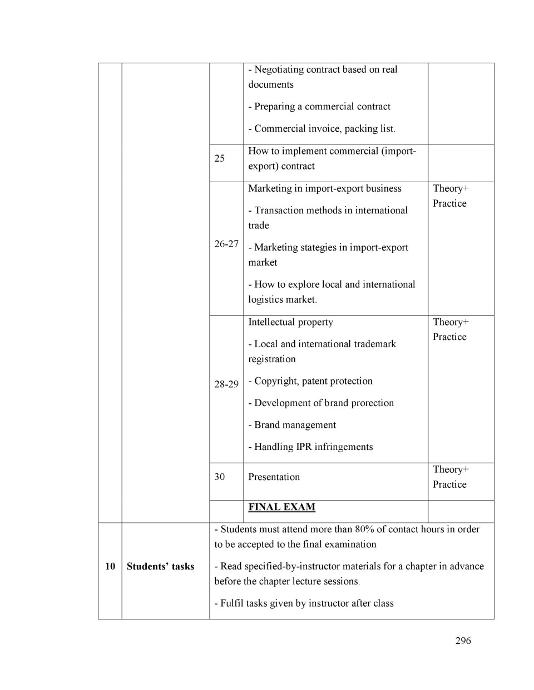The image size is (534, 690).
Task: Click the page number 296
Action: coord(463,641)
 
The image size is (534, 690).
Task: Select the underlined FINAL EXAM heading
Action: coord(281,507)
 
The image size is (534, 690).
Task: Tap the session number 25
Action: coord(220,158)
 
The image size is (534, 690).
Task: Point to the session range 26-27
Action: coord(226,243)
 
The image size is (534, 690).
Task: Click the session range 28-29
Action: coord(226,384)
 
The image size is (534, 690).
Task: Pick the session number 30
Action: coord(220,477)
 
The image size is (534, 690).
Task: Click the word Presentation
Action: coord(274,477)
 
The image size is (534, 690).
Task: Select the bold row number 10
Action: coord(110,566)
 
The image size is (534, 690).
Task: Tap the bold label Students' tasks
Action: coord(160,566)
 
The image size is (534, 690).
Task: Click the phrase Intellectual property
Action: coord(290,322)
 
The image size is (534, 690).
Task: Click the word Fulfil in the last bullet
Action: coord(231,603)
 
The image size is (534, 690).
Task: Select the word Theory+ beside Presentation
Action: coord(451,469)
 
